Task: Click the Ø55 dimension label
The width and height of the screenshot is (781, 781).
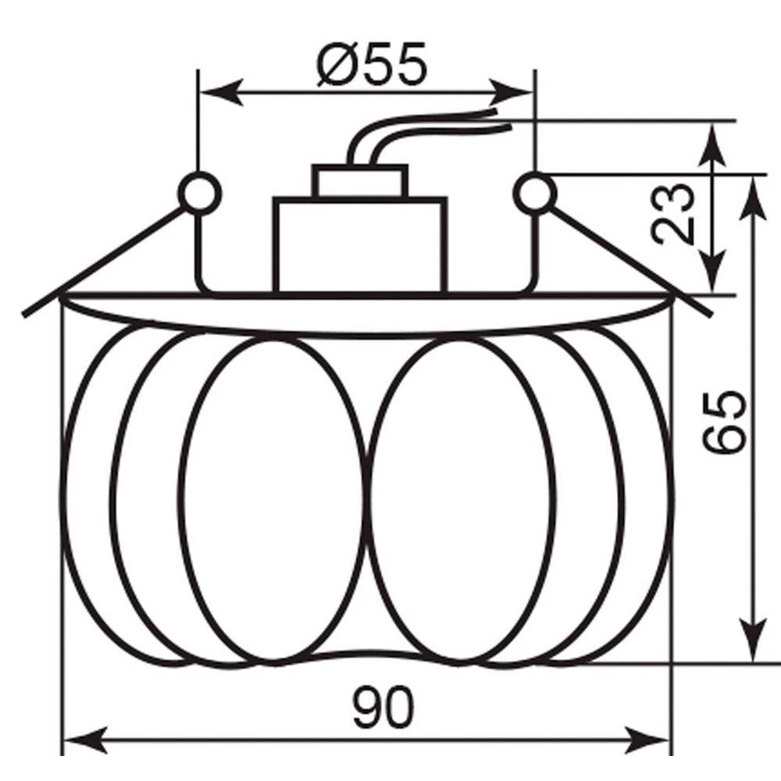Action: point(372,64)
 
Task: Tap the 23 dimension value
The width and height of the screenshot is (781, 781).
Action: point(672,214)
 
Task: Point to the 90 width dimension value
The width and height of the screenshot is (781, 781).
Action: point(383,708)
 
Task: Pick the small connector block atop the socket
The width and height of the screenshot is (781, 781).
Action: point(360,181)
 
